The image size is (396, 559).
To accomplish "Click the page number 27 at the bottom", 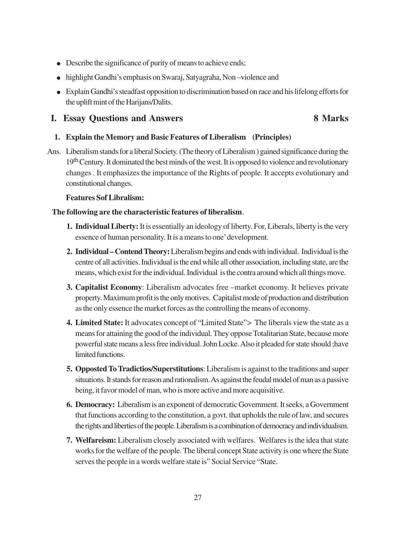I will click(198, 498).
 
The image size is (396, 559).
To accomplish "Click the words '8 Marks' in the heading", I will click(331, 118).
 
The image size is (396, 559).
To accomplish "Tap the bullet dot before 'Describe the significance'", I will click(58, 63).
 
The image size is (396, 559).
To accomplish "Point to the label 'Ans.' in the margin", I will click(54, 151).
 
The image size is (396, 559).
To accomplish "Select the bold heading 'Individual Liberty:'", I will click(107, 227).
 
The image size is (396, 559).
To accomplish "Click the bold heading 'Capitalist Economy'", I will click(108, 287).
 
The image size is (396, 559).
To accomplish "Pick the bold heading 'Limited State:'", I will click(99, 323).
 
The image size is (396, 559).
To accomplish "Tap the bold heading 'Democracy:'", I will click(95, 404).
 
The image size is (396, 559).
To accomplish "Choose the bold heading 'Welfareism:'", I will click(95, 440).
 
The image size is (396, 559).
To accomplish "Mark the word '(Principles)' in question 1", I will click(272, 137).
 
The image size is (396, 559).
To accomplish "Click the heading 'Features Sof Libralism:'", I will click(105, 198).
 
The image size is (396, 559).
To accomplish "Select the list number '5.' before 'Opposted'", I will click(70, 369).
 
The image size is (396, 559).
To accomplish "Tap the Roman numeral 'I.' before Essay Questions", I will click(54, 118).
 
